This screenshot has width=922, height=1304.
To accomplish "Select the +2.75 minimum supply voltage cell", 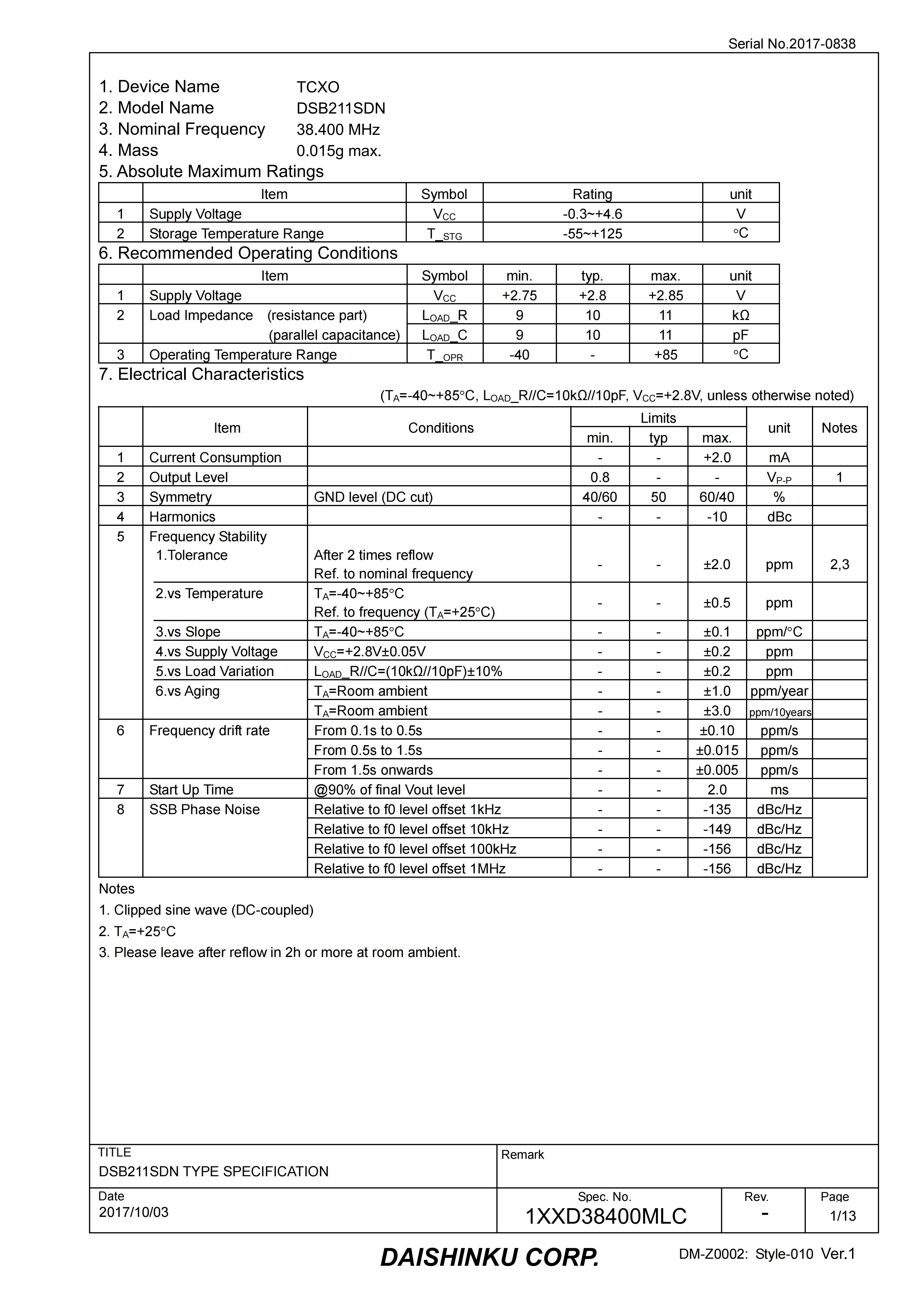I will click(x=519, y=295).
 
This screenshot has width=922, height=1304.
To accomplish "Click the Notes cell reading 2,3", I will click(x=839, y=564).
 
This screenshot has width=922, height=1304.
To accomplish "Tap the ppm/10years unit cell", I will click(x=779, y=712).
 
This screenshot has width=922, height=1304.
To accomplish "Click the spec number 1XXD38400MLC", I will click(x=605, y=1216).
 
